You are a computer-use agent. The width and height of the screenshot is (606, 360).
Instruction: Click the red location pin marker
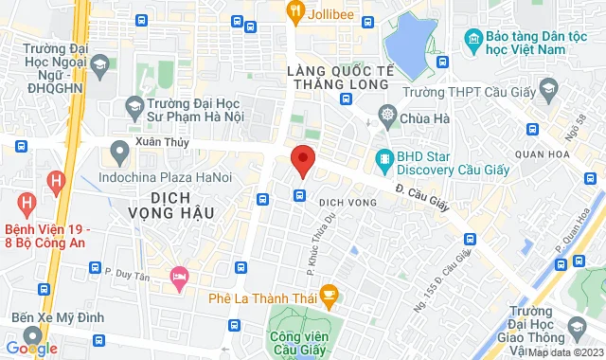click(x=302, y=160)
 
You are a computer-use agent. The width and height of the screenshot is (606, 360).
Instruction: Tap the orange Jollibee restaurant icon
click(x=295, y=11)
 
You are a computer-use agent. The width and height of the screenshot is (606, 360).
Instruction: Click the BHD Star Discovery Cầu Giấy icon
click(x=384, y=159)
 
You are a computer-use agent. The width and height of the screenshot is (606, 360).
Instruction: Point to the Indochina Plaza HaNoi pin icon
click(x=119, y=151)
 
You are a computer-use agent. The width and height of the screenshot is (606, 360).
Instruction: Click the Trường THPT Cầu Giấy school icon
click(x=547, y=90)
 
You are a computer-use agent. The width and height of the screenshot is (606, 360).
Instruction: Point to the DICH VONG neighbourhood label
click(x=342, y=201)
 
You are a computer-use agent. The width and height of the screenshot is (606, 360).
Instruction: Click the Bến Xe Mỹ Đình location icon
click(x=33, y=334)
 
